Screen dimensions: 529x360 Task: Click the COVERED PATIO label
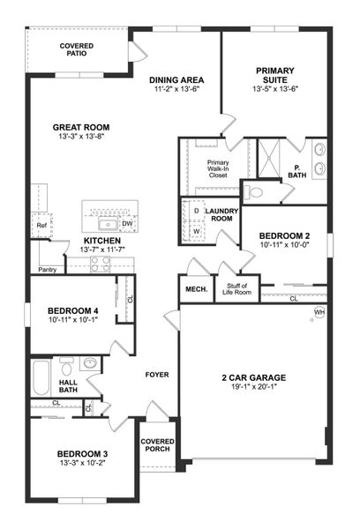tap(78, 50)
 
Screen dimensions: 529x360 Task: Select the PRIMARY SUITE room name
tap(275, 76)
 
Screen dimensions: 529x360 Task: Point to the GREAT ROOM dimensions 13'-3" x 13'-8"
tap(80, 138)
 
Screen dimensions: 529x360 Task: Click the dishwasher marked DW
tap(128, 224)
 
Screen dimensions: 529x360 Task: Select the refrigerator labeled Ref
tap(41, 226)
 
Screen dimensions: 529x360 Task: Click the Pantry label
tap(48, 270)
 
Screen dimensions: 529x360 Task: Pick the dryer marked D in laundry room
tap(195, 212)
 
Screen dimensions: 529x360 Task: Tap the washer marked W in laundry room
tap(195, 233)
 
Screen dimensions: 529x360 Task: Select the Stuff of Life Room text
tap(238, 288)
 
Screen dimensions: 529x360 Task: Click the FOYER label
tap(156, 375)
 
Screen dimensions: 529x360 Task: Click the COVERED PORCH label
tap(157, 444)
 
